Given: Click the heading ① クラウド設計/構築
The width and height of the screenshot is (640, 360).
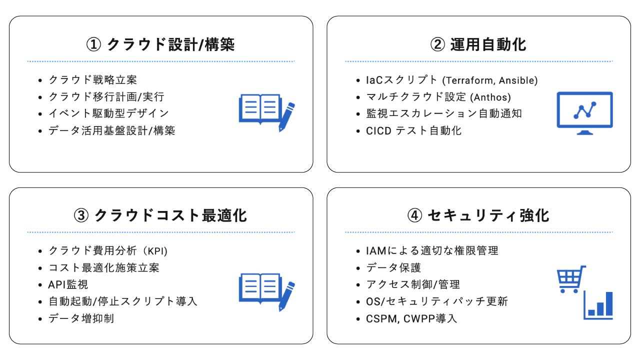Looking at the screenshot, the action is coord(160,44).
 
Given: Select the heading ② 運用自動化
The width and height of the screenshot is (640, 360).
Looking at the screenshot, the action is coord(478,44).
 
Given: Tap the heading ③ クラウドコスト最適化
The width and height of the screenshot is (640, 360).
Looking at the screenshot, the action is coord(160,215).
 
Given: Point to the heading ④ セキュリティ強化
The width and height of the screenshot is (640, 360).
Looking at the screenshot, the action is coord(478,215).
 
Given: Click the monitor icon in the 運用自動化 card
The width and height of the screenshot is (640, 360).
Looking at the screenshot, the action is coord(584,113).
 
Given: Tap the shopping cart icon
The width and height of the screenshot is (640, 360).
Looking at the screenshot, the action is coord(571,279).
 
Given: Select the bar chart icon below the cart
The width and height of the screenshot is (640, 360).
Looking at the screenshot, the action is coord(598,305).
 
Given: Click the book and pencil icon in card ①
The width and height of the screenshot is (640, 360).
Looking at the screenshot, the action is coord(266,113).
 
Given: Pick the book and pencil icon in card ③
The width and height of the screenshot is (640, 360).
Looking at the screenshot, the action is coord(266,292).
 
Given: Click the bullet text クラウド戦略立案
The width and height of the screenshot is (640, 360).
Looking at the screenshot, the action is coord(92,79).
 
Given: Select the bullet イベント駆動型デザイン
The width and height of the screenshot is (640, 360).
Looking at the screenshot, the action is coord(108,113).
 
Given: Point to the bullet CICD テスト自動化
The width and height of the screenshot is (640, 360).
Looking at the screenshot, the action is coord(413,131).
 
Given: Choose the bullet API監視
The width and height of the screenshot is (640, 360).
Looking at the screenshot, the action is coord(68,284).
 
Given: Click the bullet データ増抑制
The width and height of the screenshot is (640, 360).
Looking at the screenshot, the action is coord(81,318).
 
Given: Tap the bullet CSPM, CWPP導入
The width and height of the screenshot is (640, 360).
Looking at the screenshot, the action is coord(411,318).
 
